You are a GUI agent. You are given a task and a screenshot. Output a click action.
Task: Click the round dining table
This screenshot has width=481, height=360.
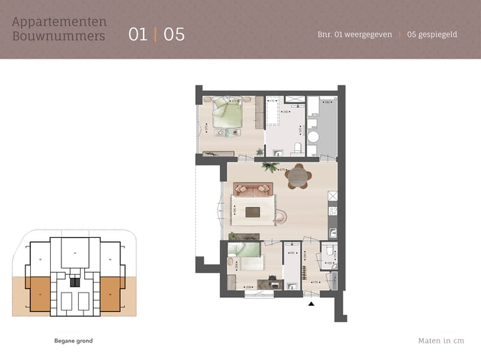click(x=297, y=177)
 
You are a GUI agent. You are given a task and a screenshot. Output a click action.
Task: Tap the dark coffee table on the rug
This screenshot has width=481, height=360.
click(x=253, y=212)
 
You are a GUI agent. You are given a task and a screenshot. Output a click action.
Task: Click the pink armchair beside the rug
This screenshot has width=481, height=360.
click(x=280, y=216)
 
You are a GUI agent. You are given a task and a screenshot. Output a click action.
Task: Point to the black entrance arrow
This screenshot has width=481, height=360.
click(x=311, y=304)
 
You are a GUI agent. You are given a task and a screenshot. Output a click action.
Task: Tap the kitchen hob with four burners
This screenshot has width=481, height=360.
click(x=332, y=196)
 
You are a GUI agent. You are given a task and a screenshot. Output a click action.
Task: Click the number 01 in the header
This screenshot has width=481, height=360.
click(x=138, y=34)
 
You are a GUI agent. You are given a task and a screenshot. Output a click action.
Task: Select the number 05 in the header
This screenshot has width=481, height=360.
click(x=174, y=34)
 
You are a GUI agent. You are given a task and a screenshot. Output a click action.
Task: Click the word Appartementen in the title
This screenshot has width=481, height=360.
click(x=59, y=22)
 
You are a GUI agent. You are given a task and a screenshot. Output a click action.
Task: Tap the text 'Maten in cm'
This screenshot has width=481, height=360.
click(x=441, y=341)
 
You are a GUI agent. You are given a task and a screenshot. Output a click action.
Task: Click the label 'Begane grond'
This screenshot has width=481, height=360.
click(x=73, y=341)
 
